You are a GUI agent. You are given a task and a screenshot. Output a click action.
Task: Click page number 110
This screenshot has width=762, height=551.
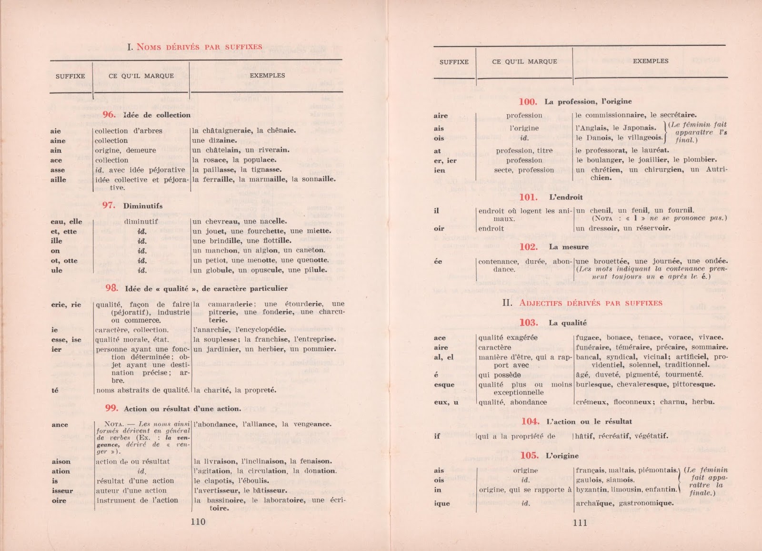click(x=198, y=522)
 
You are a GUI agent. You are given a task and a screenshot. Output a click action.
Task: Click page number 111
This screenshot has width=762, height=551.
click(x=580, y=522)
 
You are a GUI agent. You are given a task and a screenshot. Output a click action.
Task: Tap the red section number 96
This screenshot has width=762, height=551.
click(x=109, y=115)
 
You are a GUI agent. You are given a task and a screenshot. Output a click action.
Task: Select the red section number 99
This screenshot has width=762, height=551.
click(x=111, y=408)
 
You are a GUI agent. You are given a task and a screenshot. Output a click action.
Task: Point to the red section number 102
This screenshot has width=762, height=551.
click(x=528, y=247)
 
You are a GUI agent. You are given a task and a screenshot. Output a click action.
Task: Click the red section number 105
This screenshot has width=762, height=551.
click(x=529, y=456)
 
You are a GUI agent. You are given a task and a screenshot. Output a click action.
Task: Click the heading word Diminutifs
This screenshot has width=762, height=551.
click(x=142, y=206)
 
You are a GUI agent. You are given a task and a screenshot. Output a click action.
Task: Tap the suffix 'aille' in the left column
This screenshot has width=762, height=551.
click(x=58, y=180)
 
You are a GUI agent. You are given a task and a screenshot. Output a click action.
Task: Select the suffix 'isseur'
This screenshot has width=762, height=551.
click(x=62, y=490)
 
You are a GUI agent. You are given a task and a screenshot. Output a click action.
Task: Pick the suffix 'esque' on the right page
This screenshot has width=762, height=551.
click(x=444, y=385)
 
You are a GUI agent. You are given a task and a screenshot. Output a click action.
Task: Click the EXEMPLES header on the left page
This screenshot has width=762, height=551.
click(x=267, y=75)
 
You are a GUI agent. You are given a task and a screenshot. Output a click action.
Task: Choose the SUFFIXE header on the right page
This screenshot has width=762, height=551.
click(x=454, y=62)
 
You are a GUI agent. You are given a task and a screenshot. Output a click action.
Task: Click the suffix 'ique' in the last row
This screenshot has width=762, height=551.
click(x=441, y=503)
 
